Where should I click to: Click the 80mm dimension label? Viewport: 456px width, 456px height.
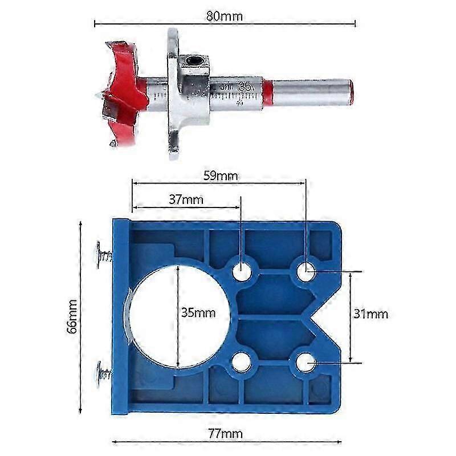click(224, 16)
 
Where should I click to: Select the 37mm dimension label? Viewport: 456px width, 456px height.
click(186, 199)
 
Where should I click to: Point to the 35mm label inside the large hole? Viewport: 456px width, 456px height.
click(198, 312)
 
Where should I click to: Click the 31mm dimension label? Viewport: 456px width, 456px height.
click(371, 313)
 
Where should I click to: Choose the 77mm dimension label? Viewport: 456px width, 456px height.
click(225, 434)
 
